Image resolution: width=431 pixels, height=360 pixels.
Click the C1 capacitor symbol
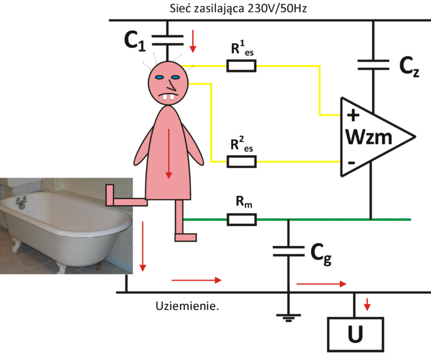coord(167,40)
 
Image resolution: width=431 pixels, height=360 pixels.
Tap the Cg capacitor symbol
coord(289,250)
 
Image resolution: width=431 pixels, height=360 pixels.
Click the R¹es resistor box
coord(241,66)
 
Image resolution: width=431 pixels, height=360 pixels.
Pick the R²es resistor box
coord(241,161)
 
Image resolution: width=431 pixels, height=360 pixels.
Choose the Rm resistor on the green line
coord(241,220)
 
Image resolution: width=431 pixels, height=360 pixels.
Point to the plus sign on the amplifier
coord(353,115)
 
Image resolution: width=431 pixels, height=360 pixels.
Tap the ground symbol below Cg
coord(289,316)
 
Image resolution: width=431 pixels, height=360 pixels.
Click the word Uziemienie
coord(186,306)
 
